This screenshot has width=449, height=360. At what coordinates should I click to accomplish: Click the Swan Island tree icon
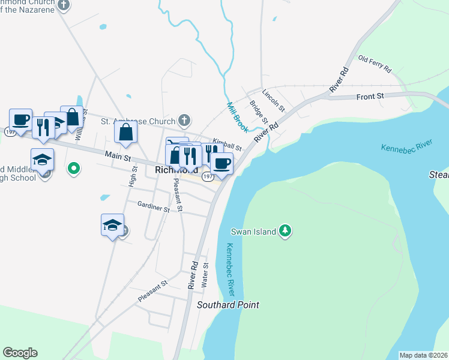286,231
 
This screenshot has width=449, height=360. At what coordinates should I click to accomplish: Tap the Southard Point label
228,305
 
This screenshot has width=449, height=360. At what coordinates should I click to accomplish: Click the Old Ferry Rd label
375,63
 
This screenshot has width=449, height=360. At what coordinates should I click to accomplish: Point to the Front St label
370,96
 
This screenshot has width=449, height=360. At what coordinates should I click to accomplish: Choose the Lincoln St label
274,100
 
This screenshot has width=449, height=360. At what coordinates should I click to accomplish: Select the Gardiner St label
153,208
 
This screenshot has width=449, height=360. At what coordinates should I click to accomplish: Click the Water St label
205,274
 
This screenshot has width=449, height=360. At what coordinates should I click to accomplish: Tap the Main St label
118,156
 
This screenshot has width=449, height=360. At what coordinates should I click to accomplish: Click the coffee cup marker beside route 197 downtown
221,163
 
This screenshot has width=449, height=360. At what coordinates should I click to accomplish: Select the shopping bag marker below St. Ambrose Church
126,133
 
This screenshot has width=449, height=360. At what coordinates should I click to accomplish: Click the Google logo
20,353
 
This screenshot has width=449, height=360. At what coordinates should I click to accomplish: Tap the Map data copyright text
423,355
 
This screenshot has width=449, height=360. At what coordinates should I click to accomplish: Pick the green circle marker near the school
74,169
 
